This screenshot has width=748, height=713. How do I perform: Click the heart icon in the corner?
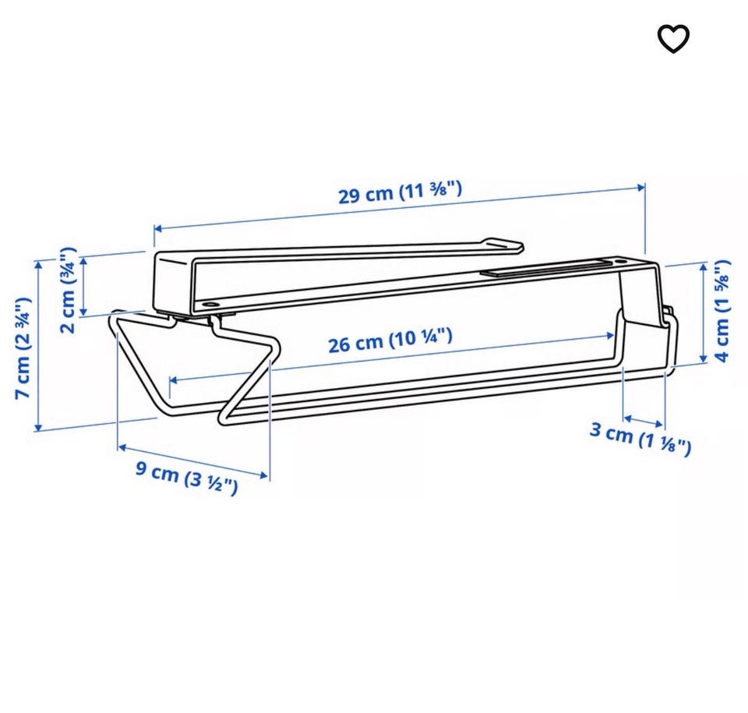pos(673,39)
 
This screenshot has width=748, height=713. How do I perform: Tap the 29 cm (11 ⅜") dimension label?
pos(400,192)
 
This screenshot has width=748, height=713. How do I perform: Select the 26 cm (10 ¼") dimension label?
pos(390,341)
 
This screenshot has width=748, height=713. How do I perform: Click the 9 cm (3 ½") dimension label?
pos(186,478)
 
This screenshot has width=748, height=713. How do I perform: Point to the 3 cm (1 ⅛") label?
pos(640,439)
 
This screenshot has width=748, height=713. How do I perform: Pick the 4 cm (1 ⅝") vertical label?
pos(722,311)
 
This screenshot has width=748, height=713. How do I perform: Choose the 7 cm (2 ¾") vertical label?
pos(23,348)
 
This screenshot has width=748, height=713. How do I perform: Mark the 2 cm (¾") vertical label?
pos(69,290)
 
